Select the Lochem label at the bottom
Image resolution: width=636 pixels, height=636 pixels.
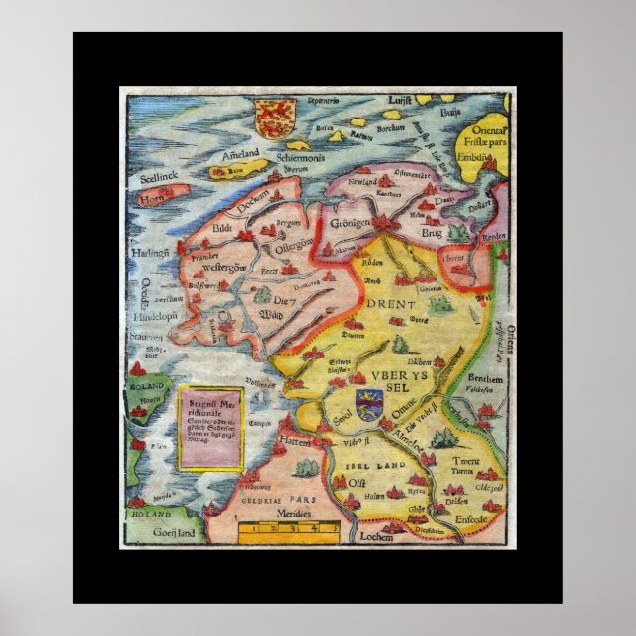[376, 537]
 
